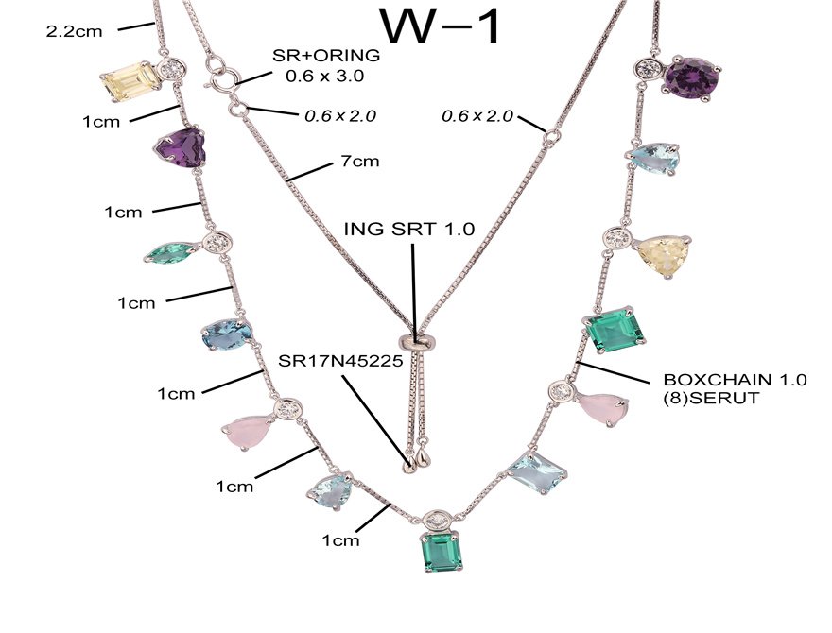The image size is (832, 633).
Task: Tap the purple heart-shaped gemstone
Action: [x=181, y=148]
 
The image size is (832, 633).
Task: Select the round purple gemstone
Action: [x=694, y=77]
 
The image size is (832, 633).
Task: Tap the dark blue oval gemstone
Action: [x=226, y=334]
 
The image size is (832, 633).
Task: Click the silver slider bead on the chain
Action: [x=414, y=340]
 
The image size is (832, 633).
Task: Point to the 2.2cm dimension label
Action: [x=75, y=30]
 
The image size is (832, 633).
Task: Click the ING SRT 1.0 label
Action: [x=409, y=230]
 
